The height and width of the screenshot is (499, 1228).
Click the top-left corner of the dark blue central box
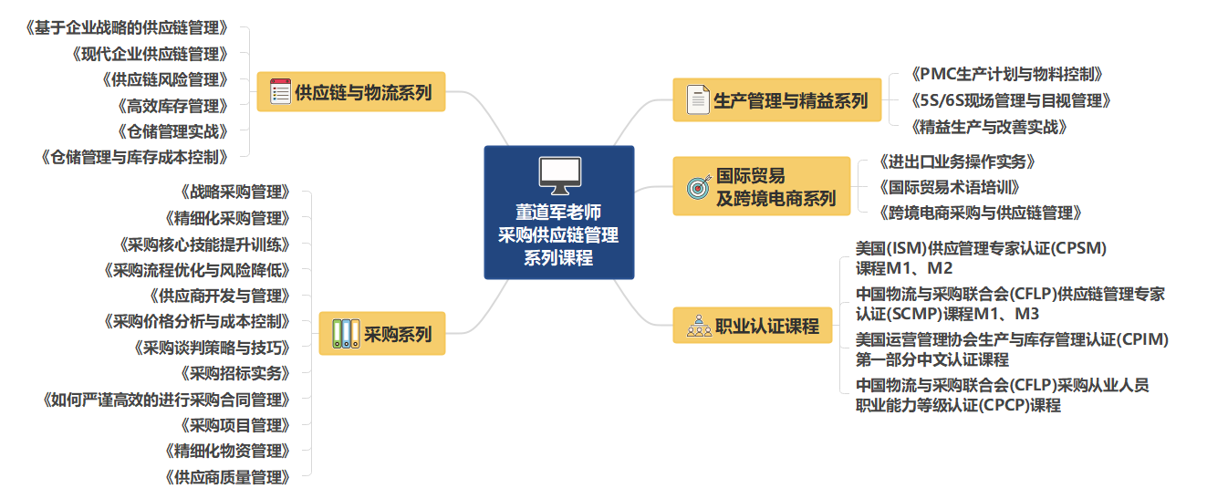(484, 146)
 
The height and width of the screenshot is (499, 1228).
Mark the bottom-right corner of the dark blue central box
(634, 279)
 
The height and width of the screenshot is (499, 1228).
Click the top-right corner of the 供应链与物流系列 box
(445, 72)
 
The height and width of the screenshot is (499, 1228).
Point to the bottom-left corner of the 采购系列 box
(319, 355)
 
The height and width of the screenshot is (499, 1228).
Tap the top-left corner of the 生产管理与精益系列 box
(673, 78)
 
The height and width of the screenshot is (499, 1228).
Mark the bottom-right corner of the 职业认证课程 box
(832, 343)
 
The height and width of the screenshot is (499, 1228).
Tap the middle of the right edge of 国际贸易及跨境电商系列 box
(850, 186)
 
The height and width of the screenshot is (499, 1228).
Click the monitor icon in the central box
(559, 175)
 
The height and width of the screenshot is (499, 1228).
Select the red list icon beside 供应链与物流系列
(280, 91)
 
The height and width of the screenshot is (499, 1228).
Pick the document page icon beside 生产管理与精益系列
(698, 99)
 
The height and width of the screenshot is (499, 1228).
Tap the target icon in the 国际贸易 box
(699, 187)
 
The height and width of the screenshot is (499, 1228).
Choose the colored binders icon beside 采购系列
(346, 333)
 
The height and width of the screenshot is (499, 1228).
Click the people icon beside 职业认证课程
(699, 326)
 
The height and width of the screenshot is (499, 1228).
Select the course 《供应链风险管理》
(165, 80)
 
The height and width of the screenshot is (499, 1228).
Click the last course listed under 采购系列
(227, 477)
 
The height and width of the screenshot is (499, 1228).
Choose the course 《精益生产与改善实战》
(989, 127)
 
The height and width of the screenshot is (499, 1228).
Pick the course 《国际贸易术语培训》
(949, 188)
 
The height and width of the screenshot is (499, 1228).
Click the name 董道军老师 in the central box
(558, 213)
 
